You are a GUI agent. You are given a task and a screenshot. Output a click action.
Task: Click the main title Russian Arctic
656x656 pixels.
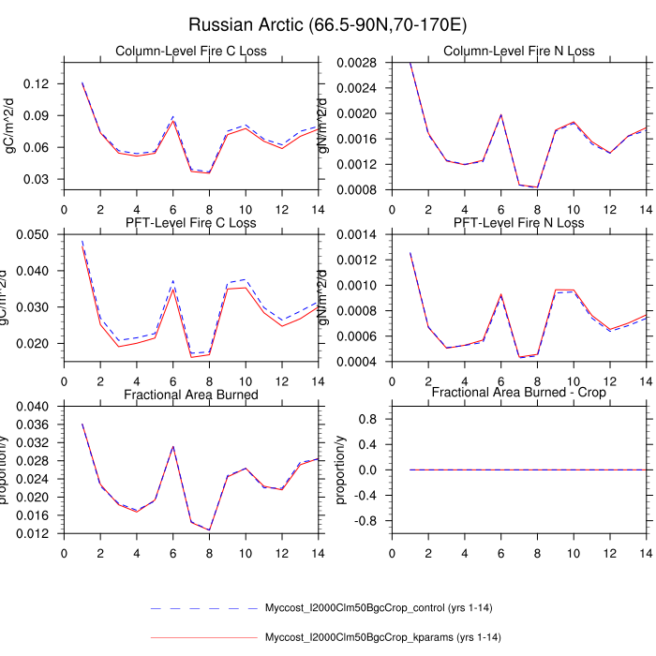click(x=328, y=24)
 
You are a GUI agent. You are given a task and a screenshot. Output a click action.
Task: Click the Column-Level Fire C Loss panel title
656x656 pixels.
click(x=191, y=51)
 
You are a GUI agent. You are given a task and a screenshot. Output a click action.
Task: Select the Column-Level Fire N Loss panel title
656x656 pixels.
click(x=518, y=51)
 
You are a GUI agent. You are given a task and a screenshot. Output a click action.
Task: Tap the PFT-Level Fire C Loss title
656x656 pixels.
click(x=191, y=223)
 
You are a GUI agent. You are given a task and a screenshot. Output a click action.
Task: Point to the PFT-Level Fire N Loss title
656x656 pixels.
click(x=518, y=223)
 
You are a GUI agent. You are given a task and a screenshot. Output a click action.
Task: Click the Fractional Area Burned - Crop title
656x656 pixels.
click(x=518, y=395)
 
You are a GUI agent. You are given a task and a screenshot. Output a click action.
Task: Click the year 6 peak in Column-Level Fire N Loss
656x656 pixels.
click(x=500, y=114)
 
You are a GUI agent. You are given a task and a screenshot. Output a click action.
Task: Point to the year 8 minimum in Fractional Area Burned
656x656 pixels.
click(x=209, y=530)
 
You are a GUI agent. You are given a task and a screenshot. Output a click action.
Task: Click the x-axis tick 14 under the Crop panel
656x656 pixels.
click(x=646, y=553)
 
